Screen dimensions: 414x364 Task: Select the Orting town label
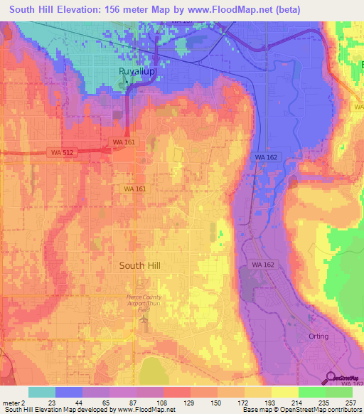tap(319, 336)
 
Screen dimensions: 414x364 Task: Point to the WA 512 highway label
tap(60, 152)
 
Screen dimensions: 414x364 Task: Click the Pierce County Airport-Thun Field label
tap(144, 301)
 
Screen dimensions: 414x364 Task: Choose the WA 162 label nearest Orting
tap(263, 265)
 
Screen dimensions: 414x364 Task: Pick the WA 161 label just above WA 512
tap(123, 142)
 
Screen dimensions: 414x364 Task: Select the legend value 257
tap(349, 403)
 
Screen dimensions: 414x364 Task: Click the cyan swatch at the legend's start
tap(42, 392)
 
